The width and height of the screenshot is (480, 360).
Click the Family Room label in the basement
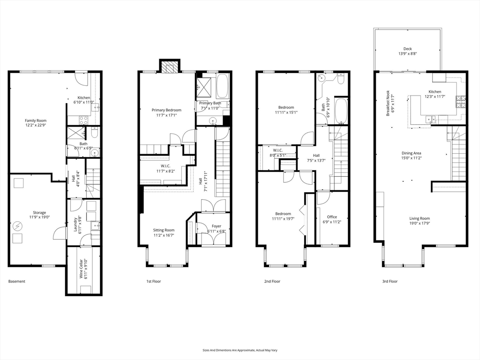36,120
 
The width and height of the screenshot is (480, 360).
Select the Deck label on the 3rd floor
407,49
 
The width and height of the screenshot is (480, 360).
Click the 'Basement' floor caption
17,281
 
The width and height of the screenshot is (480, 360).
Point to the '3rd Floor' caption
390,281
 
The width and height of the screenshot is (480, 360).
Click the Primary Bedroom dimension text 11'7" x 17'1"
166,115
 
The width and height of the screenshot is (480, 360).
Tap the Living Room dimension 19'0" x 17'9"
420,224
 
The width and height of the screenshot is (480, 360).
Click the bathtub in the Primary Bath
223,85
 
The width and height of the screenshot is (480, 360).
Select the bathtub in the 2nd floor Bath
341,111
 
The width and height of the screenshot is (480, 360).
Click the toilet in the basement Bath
94,133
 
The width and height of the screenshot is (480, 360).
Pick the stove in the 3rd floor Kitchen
461,102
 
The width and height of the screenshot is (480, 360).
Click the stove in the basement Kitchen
84,120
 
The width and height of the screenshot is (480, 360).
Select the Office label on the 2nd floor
332,217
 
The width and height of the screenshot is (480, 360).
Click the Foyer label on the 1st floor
217,226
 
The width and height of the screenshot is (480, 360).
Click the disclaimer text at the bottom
240,350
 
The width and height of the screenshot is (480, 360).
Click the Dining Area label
412,153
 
